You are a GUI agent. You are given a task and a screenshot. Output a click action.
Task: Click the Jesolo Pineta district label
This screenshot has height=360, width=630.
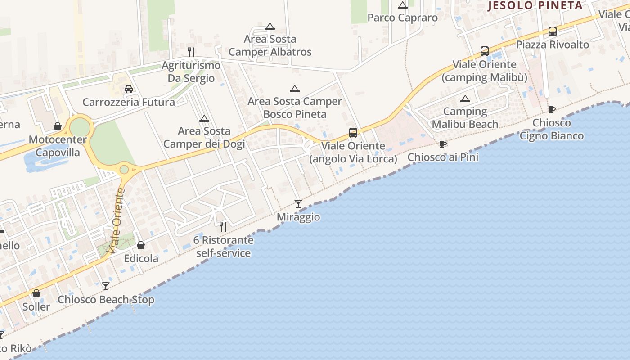coord(535,5)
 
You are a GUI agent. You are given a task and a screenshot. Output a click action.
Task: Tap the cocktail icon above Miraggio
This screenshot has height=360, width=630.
coord(298,203)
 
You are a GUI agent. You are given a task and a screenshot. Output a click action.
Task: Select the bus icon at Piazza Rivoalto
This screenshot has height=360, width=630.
coord(552,31)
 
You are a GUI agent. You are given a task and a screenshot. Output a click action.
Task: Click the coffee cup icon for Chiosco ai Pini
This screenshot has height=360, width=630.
coord(442,144)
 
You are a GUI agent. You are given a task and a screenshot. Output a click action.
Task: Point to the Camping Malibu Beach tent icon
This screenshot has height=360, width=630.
coord(465,99)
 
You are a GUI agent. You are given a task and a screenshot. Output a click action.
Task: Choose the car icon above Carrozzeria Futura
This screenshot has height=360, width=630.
coord(129,89)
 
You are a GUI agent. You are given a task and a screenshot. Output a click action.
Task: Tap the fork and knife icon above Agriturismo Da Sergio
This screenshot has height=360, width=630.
coord(191,52)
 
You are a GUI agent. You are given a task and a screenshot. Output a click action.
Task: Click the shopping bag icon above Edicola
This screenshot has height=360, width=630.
coord(141,245)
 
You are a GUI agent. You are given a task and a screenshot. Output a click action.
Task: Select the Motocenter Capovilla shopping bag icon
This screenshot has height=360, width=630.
coord(58,126)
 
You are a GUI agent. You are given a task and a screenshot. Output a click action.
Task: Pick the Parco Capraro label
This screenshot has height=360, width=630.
coord(402,18)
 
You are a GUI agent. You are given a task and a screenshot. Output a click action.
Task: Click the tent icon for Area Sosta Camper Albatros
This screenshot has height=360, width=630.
coord(270,26)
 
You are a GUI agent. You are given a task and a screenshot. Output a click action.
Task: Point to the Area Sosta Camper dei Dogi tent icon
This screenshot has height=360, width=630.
coord(204,119)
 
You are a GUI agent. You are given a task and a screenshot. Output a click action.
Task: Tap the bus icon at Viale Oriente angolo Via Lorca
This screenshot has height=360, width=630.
coord(353,133)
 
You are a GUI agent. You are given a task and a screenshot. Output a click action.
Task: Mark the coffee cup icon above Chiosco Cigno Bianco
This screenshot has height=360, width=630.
coord(551,109)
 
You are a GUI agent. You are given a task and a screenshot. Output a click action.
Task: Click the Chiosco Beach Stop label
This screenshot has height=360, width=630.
coord(106,300)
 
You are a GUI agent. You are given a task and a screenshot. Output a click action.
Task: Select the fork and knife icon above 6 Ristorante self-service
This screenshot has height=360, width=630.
coord(223,226)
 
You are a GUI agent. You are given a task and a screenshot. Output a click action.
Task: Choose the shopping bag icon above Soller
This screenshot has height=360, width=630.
coord(36,293)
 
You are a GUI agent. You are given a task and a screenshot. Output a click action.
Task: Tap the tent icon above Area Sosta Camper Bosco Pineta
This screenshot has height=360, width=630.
coord(294,89)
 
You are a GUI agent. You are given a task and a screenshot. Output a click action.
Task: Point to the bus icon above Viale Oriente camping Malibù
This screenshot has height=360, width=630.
coord(484,51)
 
